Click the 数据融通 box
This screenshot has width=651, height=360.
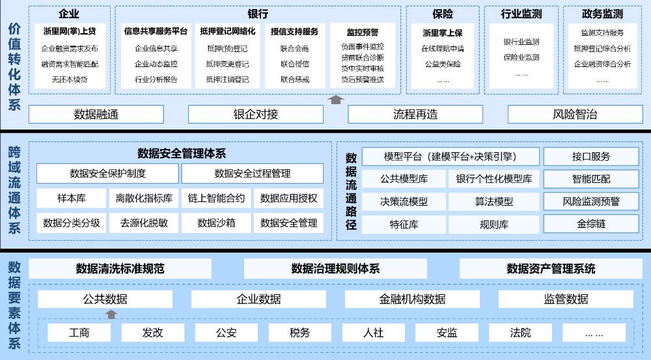96,114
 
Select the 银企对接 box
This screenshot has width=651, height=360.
256,114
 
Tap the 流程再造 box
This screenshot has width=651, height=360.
415,114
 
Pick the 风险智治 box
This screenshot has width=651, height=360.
575,114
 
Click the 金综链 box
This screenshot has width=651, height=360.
591,224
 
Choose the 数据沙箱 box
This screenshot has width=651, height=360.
216,223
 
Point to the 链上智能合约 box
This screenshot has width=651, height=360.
216,198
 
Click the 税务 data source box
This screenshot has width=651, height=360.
299,333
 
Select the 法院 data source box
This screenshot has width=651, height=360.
521,333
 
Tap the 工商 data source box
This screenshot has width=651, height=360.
79,333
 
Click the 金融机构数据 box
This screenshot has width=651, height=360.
412,299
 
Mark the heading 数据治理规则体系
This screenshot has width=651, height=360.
335,269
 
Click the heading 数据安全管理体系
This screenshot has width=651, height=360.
182,154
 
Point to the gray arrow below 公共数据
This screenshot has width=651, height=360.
111,314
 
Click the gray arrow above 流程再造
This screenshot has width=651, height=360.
335,100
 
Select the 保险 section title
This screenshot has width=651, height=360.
443,14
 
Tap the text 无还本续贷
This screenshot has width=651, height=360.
70,79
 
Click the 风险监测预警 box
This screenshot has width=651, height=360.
591,201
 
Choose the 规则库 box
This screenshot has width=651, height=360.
494,225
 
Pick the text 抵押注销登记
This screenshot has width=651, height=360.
227,79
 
